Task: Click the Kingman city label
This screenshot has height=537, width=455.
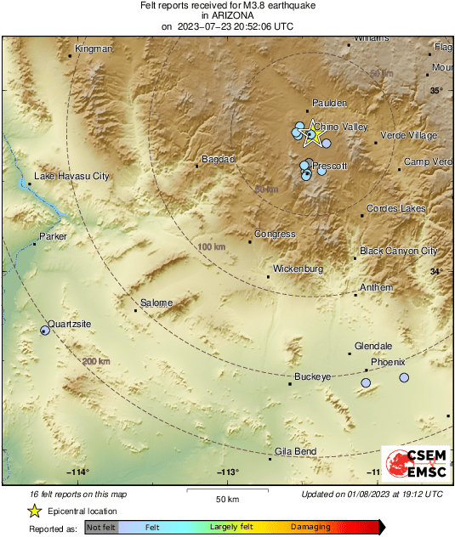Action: point(94,48)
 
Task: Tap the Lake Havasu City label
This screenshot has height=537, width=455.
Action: point(71,177)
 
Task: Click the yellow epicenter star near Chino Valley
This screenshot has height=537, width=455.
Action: point(311,133)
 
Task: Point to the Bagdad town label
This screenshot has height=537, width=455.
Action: point(218,159)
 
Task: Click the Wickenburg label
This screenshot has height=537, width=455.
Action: point(297,269)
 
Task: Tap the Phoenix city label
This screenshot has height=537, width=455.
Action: point(388,362)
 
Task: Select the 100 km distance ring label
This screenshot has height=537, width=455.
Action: point(212,246)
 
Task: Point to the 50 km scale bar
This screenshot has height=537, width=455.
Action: point(225,493)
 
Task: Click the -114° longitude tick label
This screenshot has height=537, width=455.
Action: point(79,472)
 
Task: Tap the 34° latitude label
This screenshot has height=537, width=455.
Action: point(436,272)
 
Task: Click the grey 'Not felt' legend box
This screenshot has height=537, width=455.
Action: point(101,528)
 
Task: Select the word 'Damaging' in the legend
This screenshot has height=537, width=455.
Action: point(310,528)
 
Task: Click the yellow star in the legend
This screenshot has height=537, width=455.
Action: point(35,511)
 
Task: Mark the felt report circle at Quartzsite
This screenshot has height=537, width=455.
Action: point(44,330)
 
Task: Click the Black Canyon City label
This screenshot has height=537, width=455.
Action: point(398,251)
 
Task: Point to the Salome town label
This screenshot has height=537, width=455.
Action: point(156,302)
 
